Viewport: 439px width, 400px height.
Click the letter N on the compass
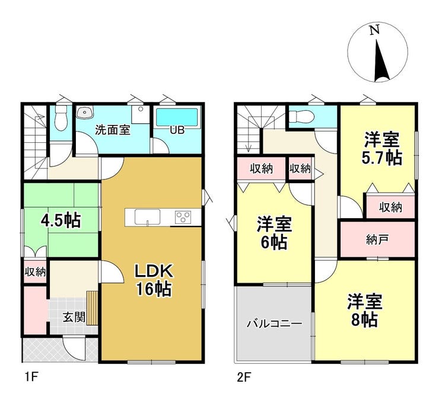374,30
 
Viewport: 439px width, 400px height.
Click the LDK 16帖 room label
154,280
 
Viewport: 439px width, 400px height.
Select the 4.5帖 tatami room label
61,220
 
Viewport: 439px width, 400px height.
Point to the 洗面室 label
113,130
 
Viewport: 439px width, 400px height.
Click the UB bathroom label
177,130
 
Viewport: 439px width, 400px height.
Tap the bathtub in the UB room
177,117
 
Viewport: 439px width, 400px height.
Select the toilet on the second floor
300,116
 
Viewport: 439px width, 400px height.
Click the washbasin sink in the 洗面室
85,113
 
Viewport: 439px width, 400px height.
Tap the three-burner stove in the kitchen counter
183,217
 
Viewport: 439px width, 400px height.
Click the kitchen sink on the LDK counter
147,217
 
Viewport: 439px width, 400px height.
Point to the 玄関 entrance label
74,317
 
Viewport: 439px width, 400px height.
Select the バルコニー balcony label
274,324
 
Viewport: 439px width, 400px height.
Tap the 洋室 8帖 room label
365,311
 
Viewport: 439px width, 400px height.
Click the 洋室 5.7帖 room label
382,149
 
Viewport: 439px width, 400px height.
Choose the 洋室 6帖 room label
274,233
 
